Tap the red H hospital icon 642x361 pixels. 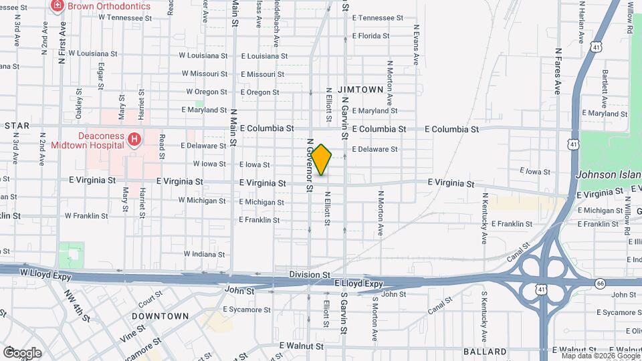click(134, 140)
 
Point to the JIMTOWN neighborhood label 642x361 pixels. click(360, 89)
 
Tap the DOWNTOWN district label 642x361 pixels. click(160, 316)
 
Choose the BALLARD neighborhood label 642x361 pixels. click(484, 352)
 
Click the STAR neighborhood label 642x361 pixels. click(17, 126)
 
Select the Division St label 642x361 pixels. click(310, 275)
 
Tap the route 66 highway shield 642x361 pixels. click(600, 283)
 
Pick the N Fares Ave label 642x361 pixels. click(557, 71)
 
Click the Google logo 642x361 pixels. click(21, 352)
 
